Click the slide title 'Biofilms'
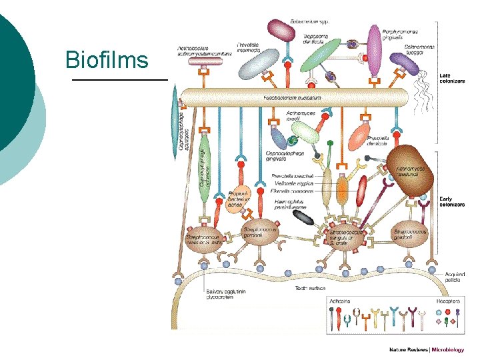[x=107, y=60]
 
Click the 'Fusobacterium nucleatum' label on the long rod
[x=292, y=97]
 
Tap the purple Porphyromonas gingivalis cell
[x=374, y=51]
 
